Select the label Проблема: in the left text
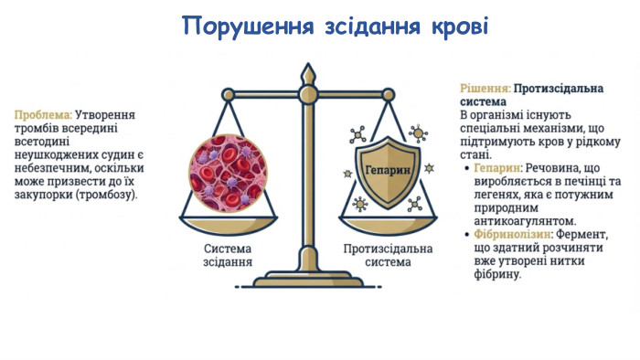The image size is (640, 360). coord(43,115)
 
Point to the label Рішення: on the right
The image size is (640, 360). coord(485,89)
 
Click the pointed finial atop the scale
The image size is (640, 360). coord(308,72)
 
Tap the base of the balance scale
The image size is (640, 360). coord(308,280)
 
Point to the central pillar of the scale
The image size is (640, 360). coord(308,183)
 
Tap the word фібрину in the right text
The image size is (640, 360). coord(495,273)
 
